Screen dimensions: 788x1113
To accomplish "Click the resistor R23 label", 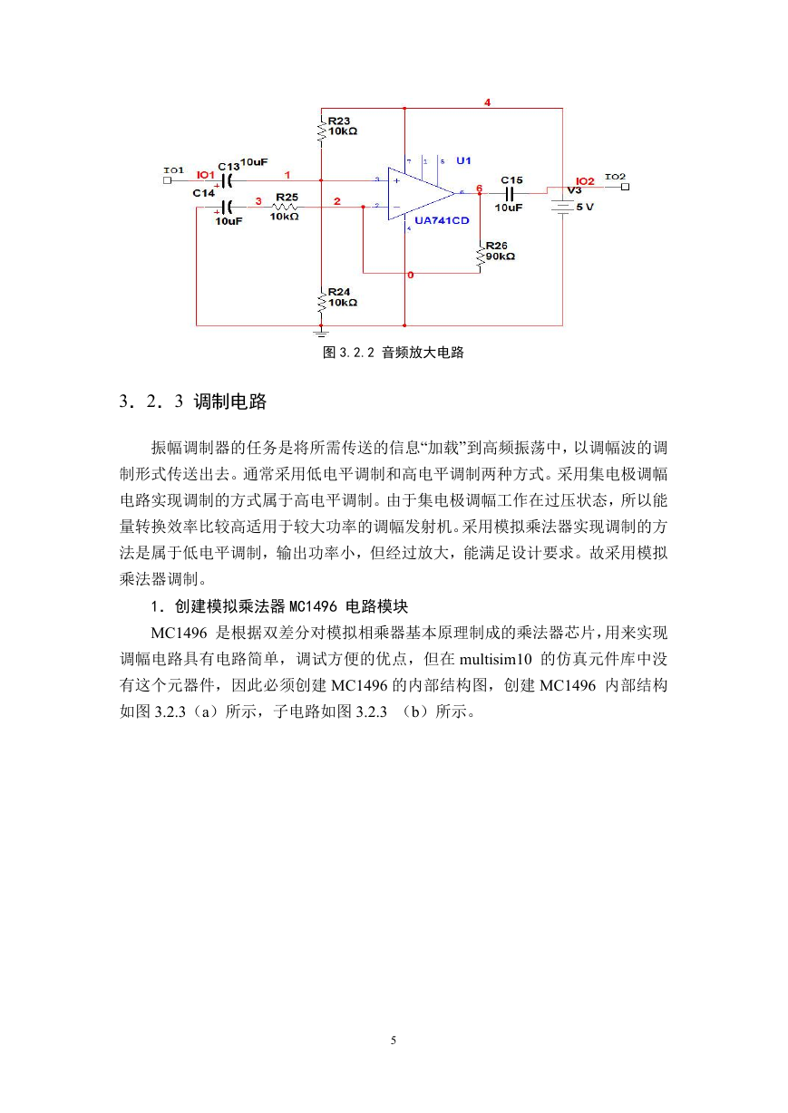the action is [x=338, y=121].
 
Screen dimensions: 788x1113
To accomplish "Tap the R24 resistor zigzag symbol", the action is [x=322, y=300].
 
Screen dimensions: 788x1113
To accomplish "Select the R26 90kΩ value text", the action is [x=501, y=256].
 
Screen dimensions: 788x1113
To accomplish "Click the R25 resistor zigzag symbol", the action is [x=285, y=207].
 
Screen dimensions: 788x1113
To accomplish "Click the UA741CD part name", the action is [x=442, y=220].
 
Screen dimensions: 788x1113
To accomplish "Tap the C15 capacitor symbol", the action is [x=509, y=193].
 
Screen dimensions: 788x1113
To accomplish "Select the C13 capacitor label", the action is [x=229, y=167].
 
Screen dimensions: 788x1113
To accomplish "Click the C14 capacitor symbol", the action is [x=228, y=207].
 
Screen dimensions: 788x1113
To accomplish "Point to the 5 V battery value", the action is [x=585, y=207].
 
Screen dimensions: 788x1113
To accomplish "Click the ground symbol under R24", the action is [x=322, y=332].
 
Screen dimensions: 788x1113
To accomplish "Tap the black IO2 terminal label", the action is [x=615, y=177].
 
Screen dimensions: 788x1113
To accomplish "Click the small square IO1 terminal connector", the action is [x=167, y=180].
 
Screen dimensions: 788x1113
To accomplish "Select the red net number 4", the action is [x=487, y=102].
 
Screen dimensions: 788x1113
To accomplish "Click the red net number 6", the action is [x=480, y=189].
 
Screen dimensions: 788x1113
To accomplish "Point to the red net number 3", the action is [x=258, y=200].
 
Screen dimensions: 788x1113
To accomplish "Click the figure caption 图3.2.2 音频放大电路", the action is [x=394, y=353].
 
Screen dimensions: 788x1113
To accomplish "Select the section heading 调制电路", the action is [x=230, y=401].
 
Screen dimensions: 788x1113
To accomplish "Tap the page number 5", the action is [x=394, y=1040].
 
